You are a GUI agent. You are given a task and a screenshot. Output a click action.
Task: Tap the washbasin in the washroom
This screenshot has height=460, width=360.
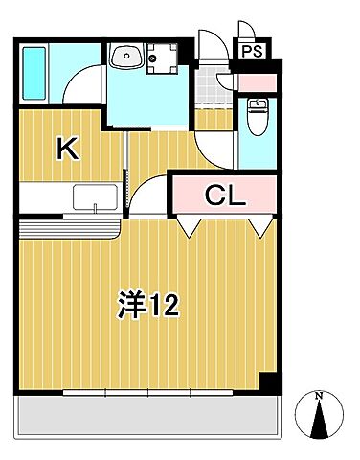pos(124,58)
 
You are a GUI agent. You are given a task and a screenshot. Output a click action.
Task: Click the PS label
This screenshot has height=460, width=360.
pos(250,53)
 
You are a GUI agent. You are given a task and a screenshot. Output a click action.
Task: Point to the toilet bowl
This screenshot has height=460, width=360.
pos(256,116)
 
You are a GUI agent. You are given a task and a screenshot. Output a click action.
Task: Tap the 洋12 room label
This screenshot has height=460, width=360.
pos(149,305)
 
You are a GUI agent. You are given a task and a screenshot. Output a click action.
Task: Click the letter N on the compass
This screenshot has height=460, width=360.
pos(320,396)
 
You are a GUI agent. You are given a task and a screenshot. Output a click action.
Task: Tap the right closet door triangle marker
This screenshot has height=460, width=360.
pos(259,227)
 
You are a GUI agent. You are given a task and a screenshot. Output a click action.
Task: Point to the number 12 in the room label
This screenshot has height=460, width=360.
pos(163,305)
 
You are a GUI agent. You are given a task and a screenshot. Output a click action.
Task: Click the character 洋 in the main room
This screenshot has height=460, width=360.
pos(132,305)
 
